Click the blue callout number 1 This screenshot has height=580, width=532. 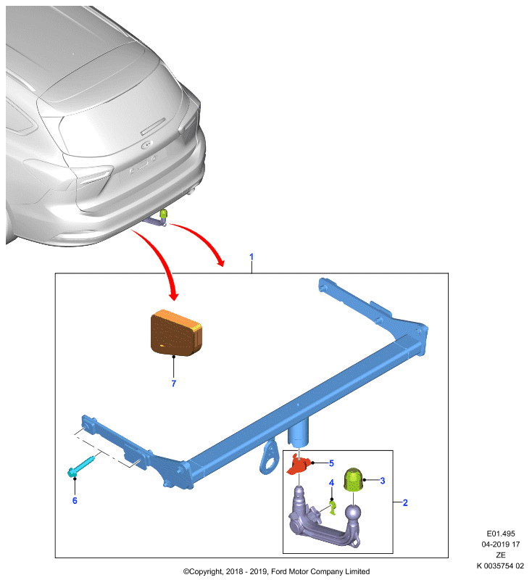(x=252, y=257)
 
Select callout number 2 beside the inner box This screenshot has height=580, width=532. (x=405, y=502)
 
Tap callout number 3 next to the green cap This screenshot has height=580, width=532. (x=383, y=481)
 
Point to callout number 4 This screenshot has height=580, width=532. (x=332, y=483)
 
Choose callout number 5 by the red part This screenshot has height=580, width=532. (x=332, y=463)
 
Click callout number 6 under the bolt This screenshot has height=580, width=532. (x=75, y=500)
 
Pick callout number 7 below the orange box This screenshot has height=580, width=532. (x=174, y=384)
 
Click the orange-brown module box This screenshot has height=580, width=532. (x=176, y=333)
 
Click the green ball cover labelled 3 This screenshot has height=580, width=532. (x=353, y=480)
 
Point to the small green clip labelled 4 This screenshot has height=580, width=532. (x=333, y=507)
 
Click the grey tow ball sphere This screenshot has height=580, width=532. (x=353, y=513)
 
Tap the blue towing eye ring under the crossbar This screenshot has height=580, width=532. (x=268, y=456)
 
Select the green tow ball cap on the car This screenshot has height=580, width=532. (x=163, y=213)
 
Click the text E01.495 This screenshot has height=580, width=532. (x=501, y=534)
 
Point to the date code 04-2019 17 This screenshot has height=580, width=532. (x=501, y=544)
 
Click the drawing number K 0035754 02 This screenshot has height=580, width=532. (x=500, y=566)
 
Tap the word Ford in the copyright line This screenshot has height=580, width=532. (x=279, y=572)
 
